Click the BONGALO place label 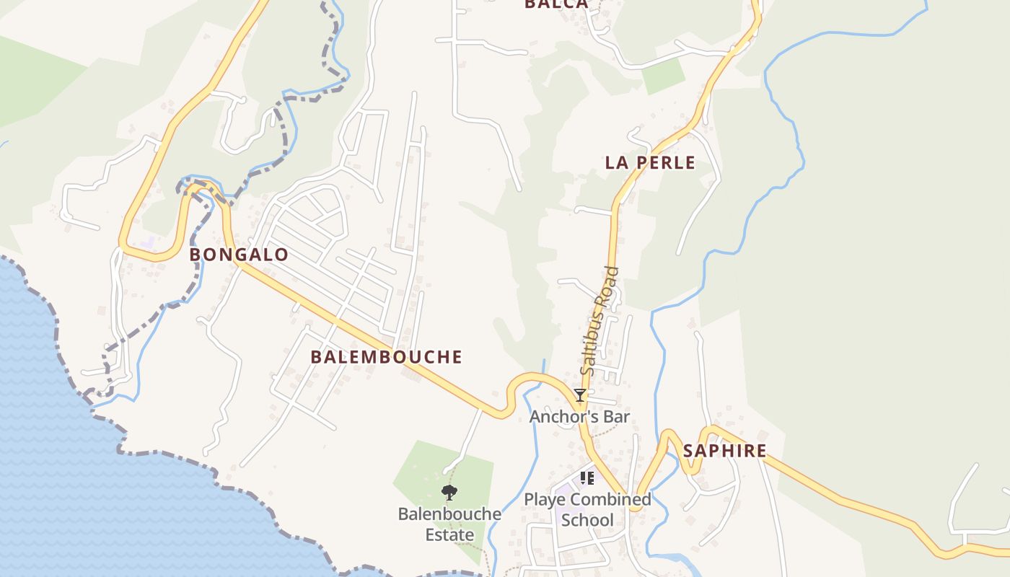[239, 255]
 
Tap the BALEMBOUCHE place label [386, 357]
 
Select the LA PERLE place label [650, 163]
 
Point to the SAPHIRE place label [724, 452]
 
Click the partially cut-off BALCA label [556, 4]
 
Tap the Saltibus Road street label [600, 321]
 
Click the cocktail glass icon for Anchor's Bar [579, 395]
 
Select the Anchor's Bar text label [579, 417]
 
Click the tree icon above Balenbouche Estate [449, 493]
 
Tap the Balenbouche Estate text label [449, 524]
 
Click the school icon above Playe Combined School [587, 478]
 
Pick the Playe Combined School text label [587, 509]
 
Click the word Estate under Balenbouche [449, 535]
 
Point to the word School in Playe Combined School [587, 520]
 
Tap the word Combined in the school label [611, 499]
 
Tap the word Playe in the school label [543, 500]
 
